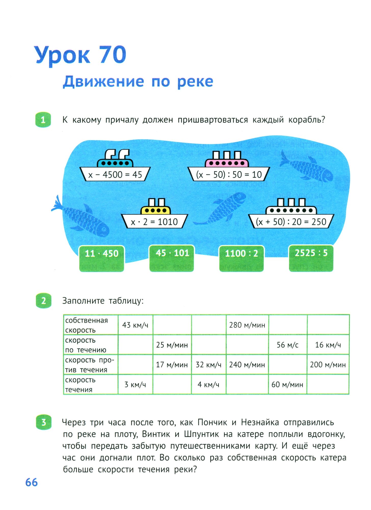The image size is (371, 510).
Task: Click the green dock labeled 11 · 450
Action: click(101, 258)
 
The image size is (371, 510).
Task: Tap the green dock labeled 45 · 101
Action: click(172, 258)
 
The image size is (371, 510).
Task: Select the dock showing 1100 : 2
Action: click(241, 258)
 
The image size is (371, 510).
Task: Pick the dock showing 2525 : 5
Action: click(311, 258)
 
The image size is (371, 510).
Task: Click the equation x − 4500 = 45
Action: click(115, 175)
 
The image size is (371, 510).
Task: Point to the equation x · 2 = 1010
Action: click(154, 222)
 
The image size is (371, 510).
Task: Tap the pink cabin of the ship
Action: click(227, 163)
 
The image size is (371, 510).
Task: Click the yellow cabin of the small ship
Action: click(156, 210)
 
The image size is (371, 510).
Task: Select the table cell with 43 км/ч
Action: click(135, 325)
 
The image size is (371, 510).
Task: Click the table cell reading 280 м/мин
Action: click(247, 325)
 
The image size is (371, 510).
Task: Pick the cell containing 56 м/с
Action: click(288, 345)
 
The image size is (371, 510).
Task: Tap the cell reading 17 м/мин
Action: click(172, 365)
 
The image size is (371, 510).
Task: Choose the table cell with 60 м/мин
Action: click(287, 385)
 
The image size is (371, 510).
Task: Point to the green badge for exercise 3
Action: click(44, 423)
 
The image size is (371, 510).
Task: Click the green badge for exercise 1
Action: click(43, 120)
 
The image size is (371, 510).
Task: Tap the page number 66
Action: click(31, 482)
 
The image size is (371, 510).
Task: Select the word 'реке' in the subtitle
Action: click(195, 82)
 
